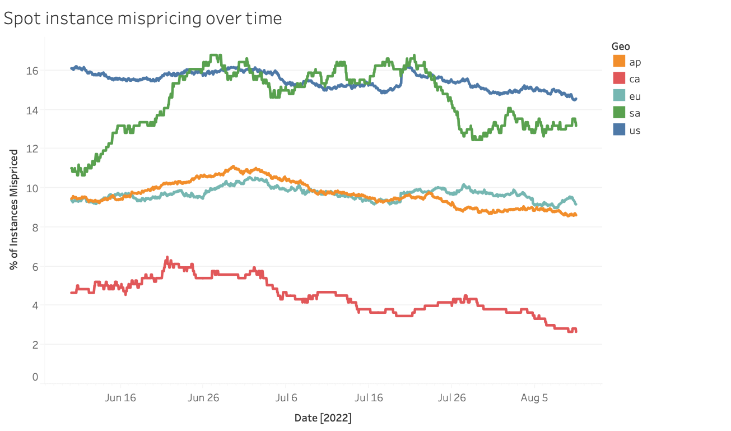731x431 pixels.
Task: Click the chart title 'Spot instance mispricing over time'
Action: click(x=142, y=18)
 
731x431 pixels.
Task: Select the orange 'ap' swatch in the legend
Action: click(x=619, y=62)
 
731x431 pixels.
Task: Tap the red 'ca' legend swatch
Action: click(x=619, y=79)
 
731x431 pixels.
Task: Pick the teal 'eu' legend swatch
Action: click(x=619, y=96)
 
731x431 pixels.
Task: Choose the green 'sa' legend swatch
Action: click(x=619, y=113)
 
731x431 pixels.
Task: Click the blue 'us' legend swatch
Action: click(x=619, y=130)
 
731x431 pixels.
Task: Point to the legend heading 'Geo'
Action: click(x=621, y=47)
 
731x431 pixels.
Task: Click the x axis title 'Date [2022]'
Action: click(x=323, y=418)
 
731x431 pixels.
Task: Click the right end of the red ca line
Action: click(x=576, y=331)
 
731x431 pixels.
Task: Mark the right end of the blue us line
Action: click(x=575, y=99)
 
